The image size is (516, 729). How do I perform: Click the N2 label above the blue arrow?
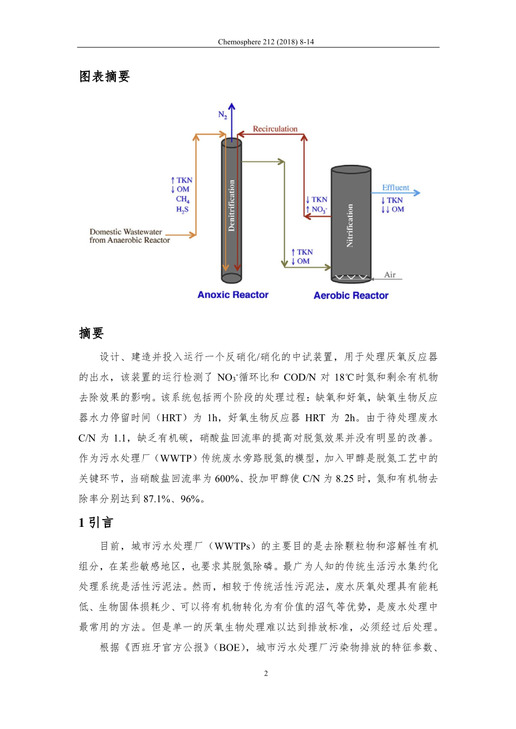point(222,115)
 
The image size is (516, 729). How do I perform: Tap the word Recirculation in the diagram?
point(275,129)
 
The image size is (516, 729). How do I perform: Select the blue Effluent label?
point(395,188)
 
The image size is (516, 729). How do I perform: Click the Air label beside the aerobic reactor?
point(390,275)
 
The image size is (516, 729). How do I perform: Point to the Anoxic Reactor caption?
point(233,295)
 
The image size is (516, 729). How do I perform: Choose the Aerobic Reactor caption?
point(351,295)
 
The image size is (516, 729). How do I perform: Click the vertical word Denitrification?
point(232,206)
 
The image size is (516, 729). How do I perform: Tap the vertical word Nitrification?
point(350,225)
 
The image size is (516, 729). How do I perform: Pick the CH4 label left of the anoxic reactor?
point(183,199)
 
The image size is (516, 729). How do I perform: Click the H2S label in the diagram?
point(182,209)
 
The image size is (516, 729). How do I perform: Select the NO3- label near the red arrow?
point(319,209)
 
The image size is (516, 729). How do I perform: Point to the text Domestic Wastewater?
point(126,232)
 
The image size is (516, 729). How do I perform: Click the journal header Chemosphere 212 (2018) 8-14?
point(266,42)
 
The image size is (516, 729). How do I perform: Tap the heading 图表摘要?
point(104,76)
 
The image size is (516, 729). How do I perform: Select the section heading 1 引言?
point(96,522)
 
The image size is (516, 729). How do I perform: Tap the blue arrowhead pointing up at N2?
point(232,106)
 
